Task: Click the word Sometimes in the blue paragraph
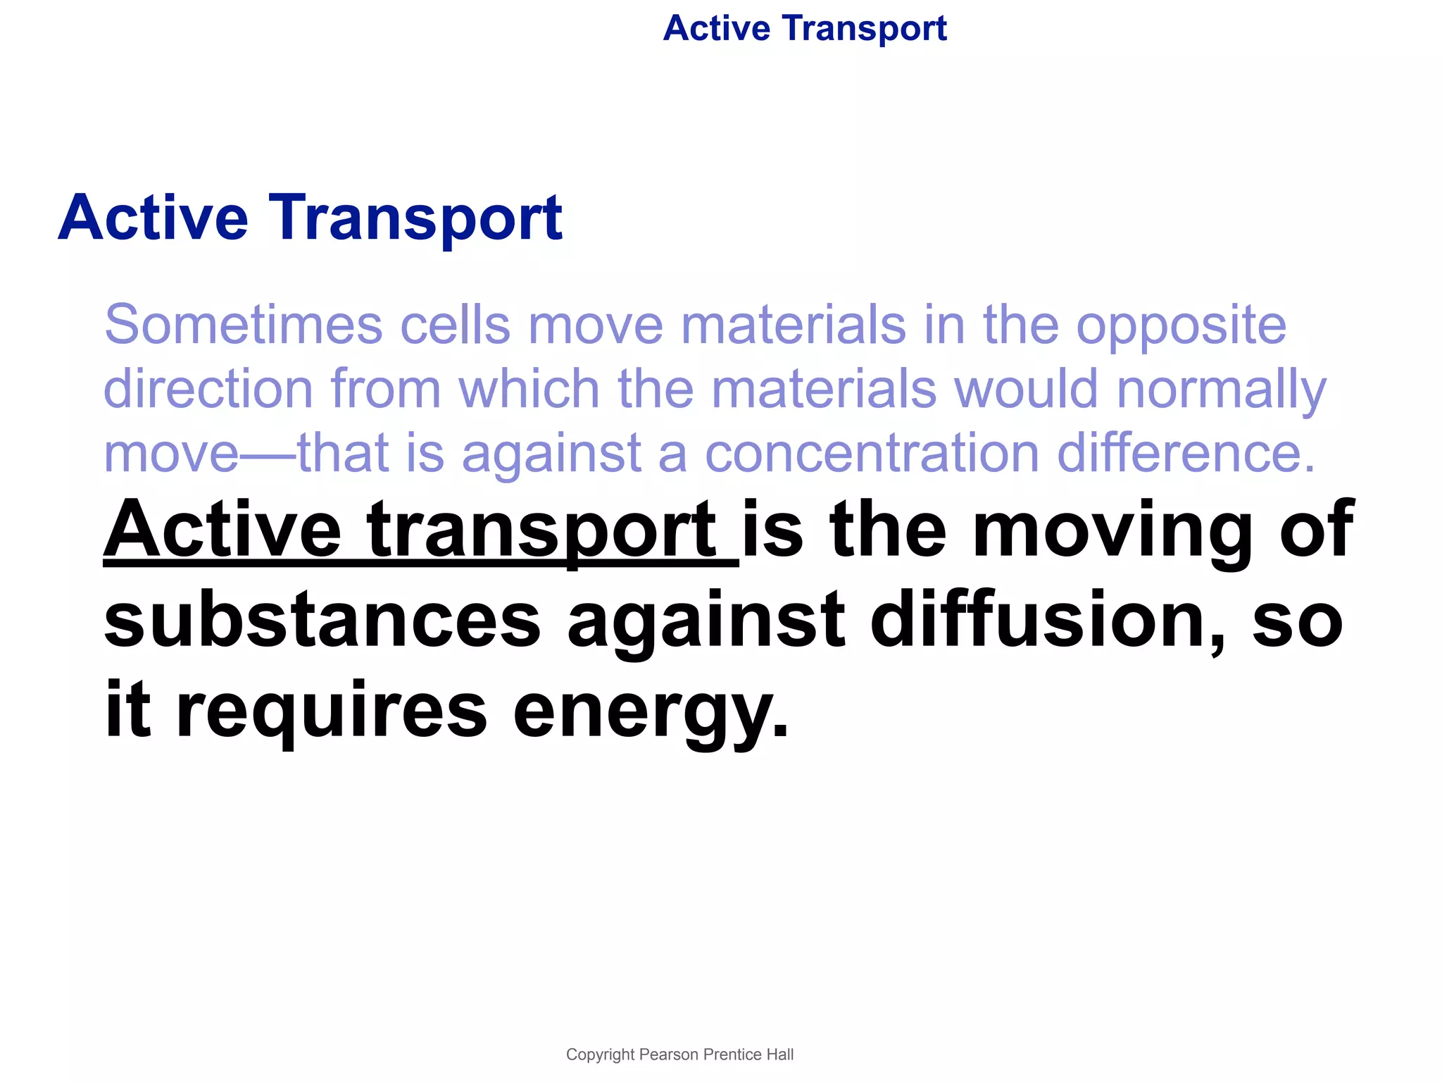click(244, 325)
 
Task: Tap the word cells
click(455, 325)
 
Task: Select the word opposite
click(1181, 326)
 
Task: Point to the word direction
click(208, 389)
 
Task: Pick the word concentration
click(872, 453)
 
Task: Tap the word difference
click(1186, 453)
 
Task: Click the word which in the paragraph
click(529, 389)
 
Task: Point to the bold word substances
click(322, 620)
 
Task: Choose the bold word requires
click(331, 711)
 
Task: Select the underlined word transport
click(542, 531)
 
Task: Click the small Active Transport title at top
click(805, 29)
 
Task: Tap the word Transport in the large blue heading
click(415, 218)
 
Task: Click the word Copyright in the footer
click(600, 1055)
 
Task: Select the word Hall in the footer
click(780, 1055)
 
